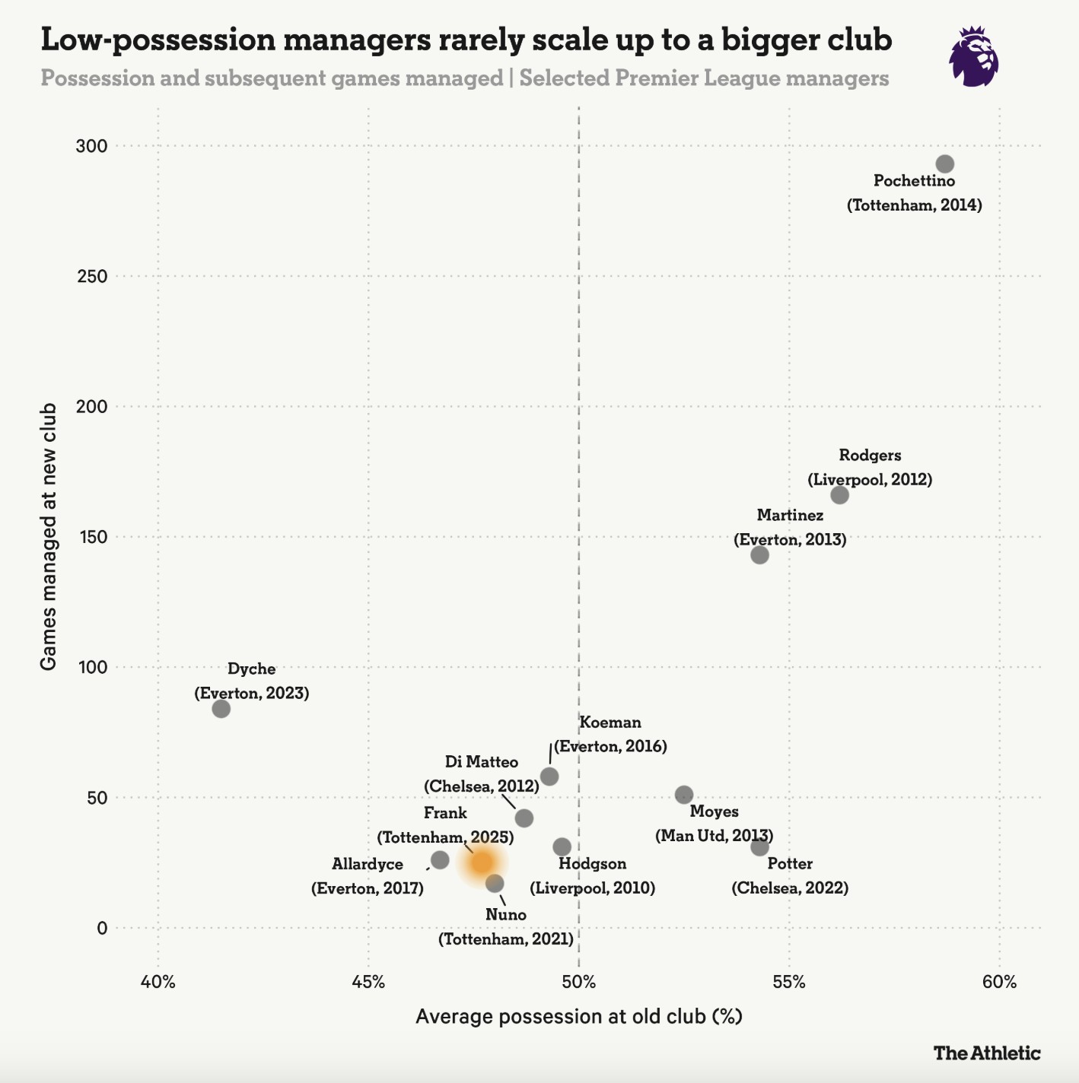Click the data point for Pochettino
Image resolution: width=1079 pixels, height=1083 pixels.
(x=944, y=164)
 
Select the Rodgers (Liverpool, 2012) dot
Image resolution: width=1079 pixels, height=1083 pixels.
(x=839, y=495)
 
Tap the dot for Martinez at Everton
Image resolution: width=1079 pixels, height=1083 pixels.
(x=759, y=554)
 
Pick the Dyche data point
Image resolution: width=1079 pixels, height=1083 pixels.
(x=221, y=709)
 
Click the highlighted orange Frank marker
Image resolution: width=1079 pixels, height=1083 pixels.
(x=482, y=862)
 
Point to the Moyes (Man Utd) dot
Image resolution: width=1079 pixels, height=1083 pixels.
(x=684, y=795)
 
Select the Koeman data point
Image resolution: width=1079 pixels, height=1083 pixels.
(x=549, y=777)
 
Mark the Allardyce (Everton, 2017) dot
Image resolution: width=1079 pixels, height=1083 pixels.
(x=440, y=860)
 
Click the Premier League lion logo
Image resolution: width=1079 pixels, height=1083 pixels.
(x=973, y=57)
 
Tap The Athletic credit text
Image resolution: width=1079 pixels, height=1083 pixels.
(x=986, y=1053)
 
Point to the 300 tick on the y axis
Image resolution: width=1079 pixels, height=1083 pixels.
(x=91, y=146)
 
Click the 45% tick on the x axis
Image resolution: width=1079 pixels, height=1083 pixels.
(x=368, y=982)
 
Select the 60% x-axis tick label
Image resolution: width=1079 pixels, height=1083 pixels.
(x=999, y=982)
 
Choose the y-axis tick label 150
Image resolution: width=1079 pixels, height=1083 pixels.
(x=91, y=537)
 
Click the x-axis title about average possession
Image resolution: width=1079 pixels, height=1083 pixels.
(x=578, y=1017)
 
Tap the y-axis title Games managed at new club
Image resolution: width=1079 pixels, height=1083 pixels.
(x=49, y=537)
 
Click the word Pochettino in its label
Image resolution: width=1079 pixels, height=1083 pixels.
(x=914, y=181)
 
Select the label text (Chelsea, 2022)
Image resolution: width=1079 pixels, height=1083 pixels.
(x=790, y=888)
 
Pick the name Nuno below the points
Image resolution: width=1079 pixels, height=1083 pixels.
(x=506, y=914)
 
